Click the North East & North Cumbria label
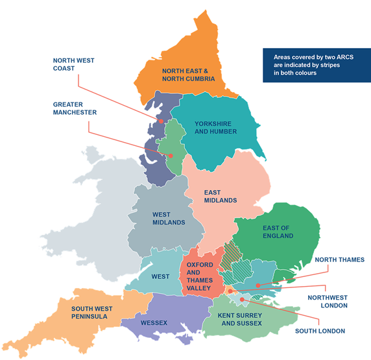tap(185, 75)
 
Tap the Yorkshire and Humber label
tap(215, 127)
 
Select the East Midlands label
tap(220, 197)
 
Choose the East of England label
tap(278, 232)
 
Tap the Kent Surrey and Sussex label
tap(240, 318)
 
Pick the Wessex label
tap(154, 322)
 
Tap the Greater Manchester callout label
tap(75, 108)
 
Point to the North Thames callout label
tap(339, 259)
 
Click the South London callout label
tap(320, 331)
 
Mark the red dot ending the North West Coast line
tap(161, 121)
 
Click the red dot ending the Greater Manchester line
tap(171, 156)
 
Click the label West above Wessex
tap(160, 277)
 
